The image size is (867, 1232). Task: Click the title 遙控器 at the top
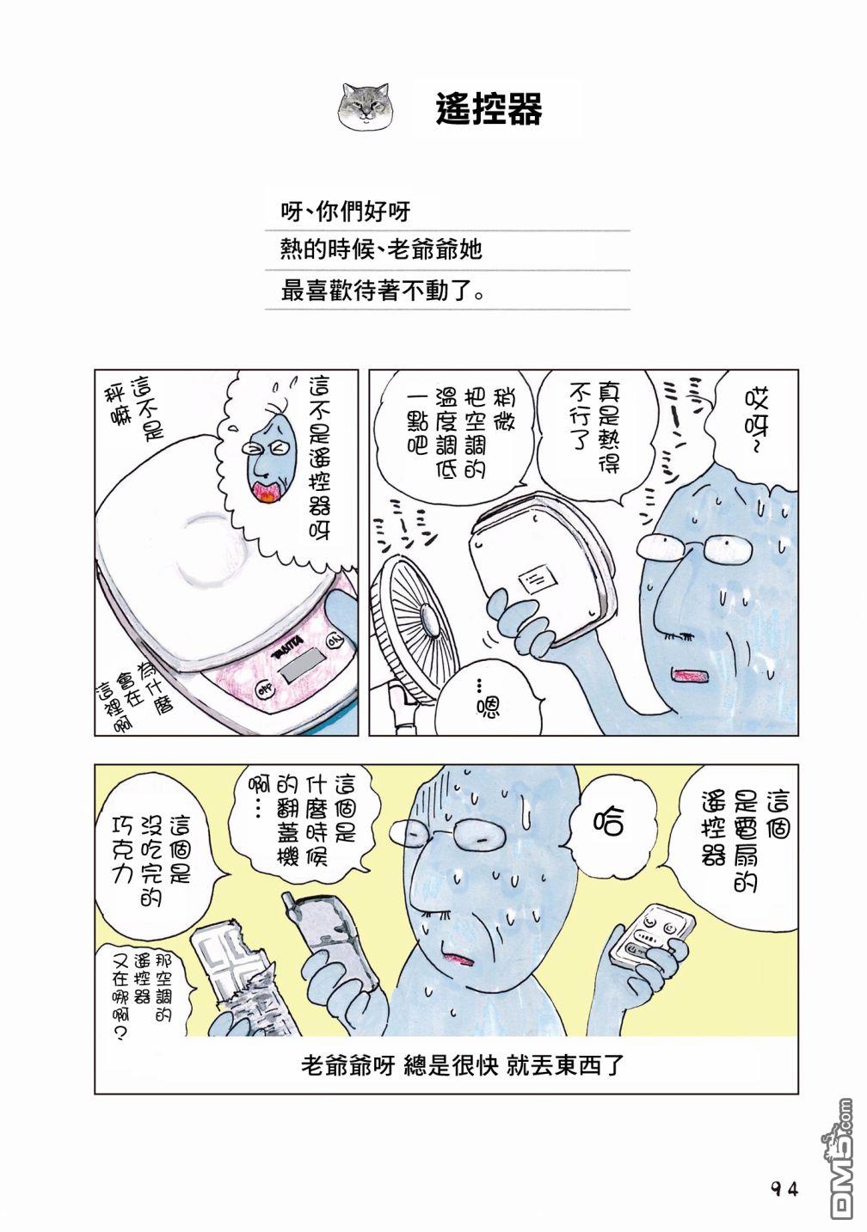coord(489,108)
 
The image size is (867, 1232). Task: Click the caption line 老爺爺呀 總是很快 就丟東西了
coord(462,1067)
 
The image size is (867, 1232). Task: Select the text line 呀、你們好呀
coord(346,211)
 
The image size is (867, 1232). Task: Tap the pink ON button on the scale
coord(334,641)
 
